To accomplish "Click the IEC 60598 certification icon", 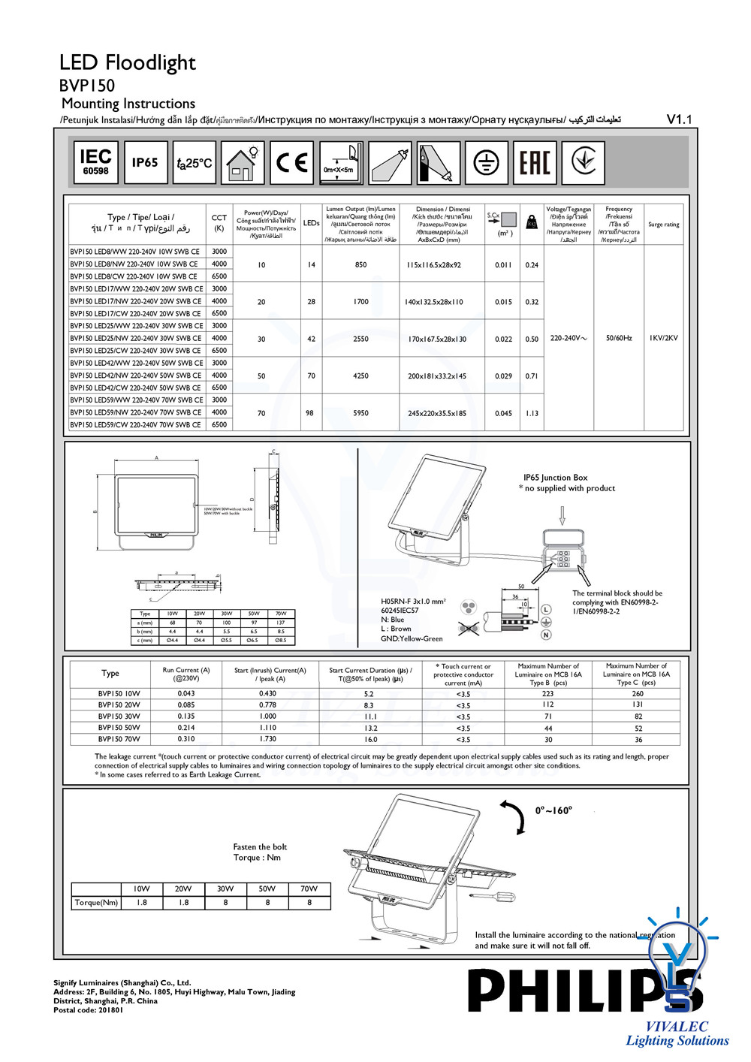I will click(x=95, y=162).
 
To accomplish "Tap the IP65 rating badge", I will click(x=145, y=162).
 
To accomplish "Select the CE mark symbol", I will click(x=291, y=162).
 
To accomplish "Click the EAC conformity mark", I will click(x=535, y=162).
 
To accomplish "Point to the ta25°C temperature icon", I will click(x=195, y=162).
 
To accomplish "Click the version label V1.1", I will click(x=679, y=119).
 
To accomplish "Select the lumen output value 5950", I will click(x=360, y=413).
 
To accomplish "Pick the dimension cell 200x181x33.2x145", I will click(x=436, y=376).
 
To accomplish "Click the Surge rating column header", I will click(x=663, y=225).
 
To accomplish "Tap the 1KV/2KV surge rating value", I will click(x=663, y=338).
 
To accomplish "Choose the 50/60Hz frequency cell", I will click(x=619, y=338).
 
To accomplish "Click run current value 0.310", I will click(x=186, y=739).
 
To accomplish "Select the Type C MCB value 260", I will click(x=638, y=694).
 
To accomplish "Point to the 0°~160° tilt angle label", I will click(x=553, y=810).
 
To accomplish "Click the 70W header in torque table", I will click(x=309, y=889).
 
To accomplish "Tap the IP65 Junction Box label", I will click(x=555, y=478).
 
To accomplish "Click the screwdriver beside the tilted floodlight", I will click(x=492, y=896).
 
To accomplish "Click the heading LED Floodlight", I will click(x=128, y=62).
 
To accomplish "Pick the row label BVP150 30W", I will click(x=119, y=717).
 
